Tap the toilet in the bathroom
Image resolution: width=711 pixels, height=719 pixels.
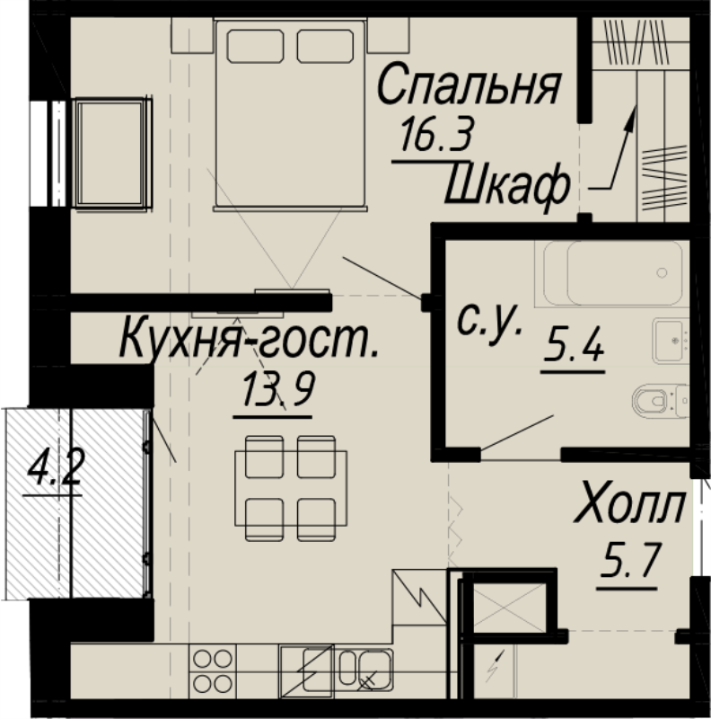tap(658, 398)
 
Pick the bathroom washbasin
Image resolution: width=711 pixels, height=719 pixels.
tap(669, 339)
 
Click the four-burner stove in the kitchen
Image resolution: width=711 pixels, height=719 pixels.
tap(213, 670)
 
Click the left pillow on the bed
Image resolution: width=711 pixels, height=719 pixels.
tap(255, 46)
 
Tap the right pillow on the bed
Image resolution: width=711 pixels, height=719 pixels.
tap(325, 46)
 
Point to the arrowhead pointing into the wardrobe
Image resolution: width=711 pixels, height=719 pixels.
tap(632, 111)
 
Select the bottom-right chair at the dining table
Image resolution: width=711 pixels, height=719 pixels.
tap(316, 516)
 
